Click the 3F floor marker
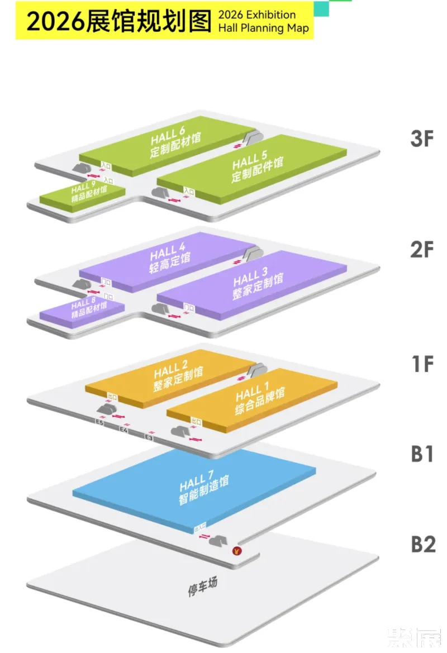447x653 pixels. (x=422, y=139)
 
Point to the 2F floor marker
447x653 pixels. (x=422, y=250)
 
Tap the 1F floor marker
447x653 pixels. (x=422, y=364)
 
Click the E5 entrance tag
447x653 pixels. (x=99, y=423)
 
